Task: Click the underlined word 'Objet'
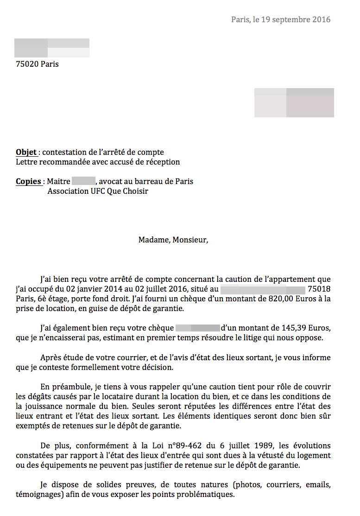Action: [26, 152]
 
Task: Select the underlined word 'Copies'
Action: [28, 181]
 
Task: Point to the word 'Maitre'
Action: [58, 181]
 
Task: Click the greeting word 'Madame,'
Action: [154, 240]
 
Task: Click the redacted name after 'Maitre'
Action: [83, 181]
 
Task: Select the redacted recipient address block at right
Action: [294, 102]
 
